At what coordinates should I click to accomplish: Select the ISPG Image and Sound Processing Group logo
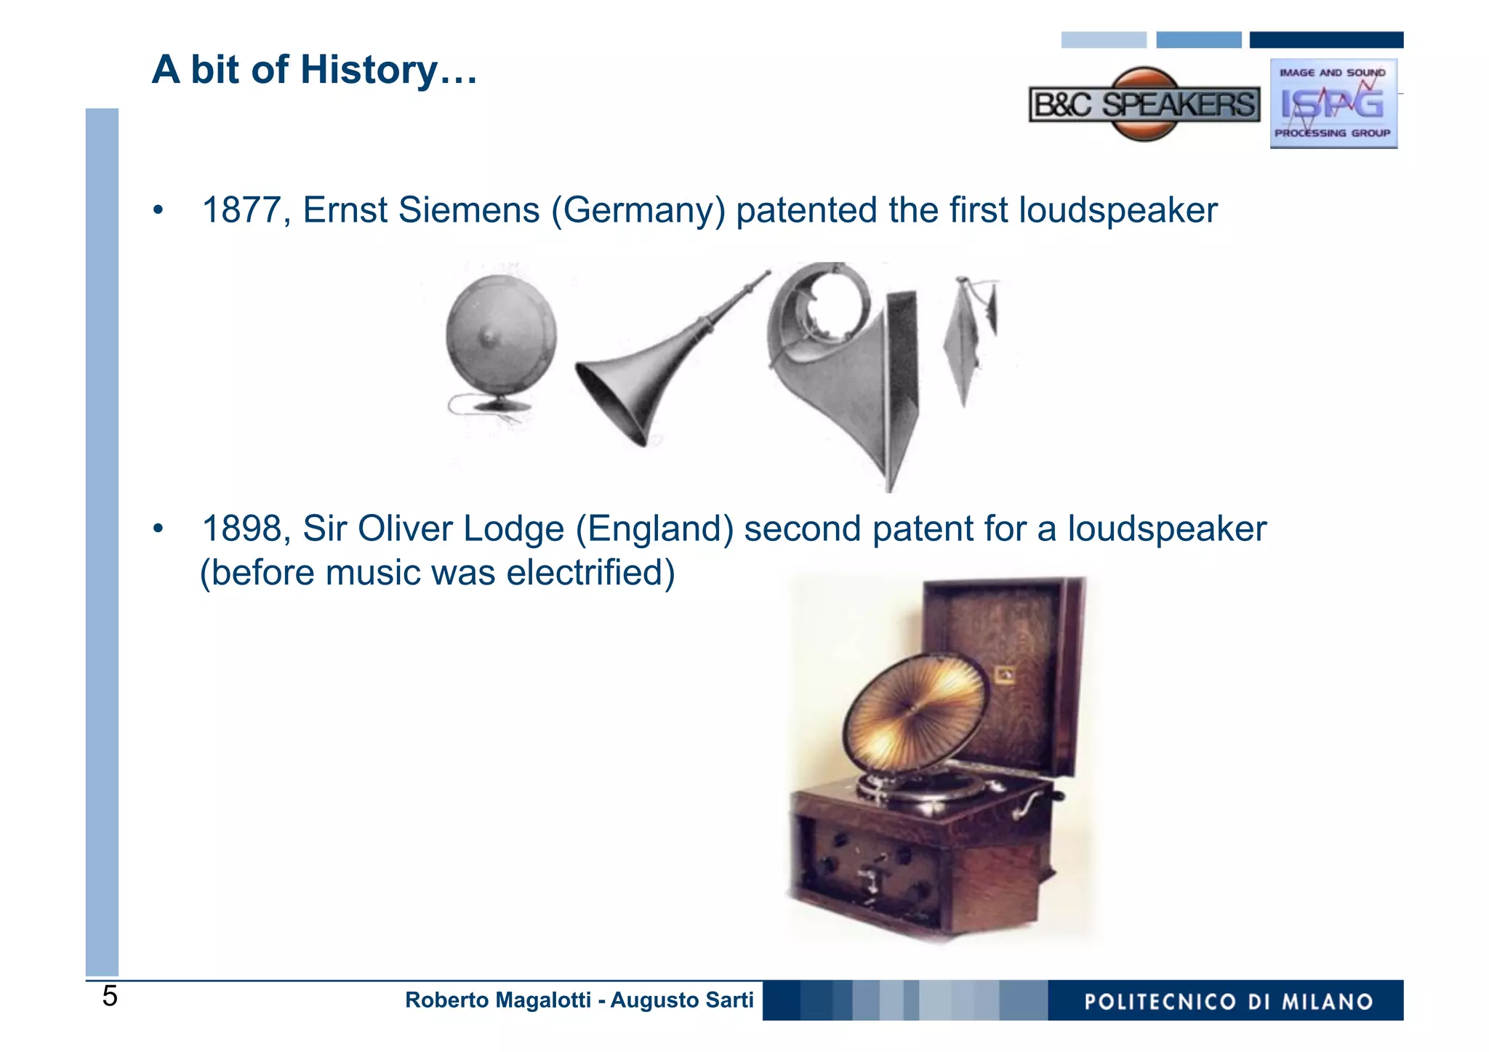coord(1333,104)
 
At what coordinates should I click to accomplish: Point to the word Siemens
coord(469,211)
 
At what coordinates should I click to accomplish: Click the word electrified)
coord(590,573)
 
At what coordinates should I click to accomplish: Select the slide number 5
coord(110,997)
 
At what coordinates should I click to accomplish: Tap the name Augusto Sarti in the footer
coord(681,1000)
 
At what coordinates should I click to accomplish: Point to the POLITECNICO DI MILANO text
coord(1228,1002)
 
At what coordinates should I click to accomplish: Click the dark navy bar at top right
coord(1326,40)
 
